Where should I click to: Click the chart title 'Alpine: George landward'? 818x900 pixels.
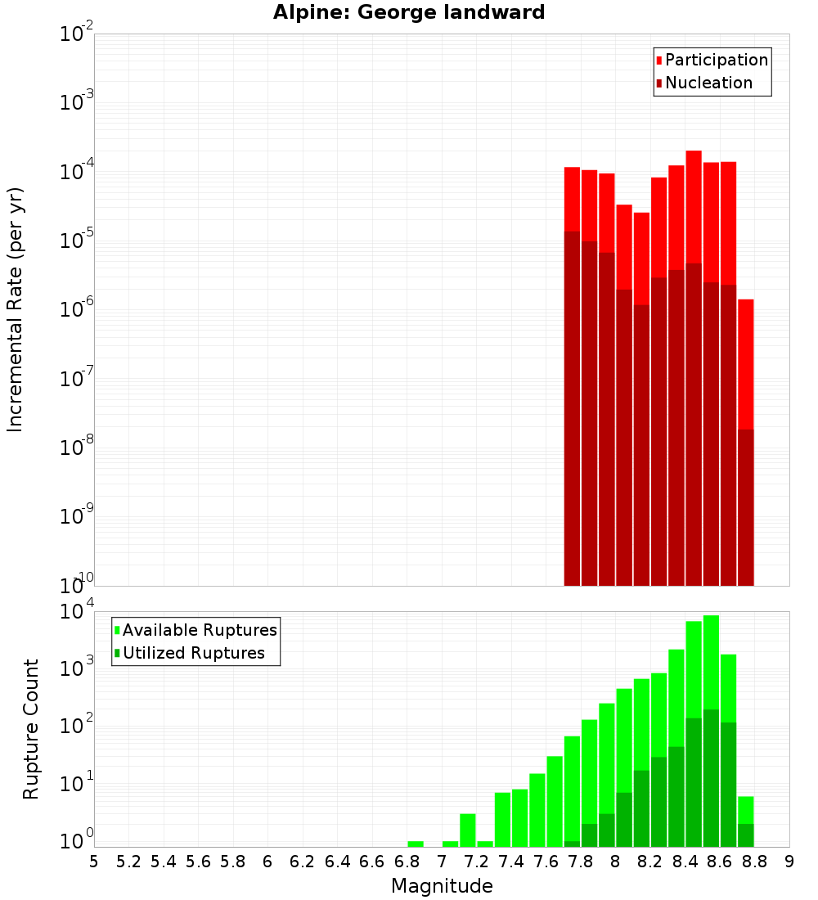(408, 12)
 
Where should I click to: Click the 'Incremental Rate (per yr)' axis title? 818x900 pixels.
(16, 309)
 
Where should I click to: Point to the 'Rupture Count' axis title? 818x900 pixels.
(31, 728)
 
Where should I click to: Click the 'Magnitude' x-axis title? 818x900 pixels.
(442, 886)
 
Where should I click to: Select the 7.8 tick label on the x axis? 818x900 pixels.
(581, 861)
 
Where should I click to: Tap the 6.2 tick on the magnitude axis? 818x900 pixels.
(303, 861)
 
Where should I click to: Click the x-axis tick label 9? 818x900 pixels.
(789, 861)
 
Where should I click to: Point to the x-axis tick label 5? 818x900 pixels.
(94, 861)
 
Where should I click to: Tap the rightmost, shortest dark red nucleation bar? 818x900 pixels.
(745, 507)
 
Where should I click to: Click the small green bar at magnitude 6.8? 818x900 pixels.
(416, 844)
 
